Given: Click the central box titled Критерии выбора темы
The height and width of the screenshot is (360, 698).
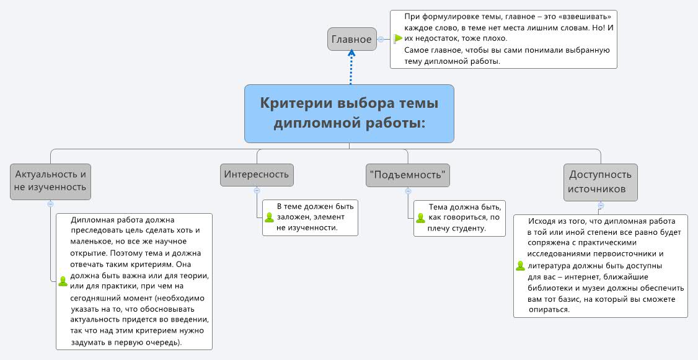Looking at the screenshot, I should tap(349, 113).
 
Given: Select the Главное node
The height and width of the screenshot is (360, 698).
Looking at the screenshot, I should tap(351, 40).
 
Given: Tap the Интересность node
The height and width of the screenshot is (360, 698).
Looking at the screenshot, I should tap(257, 174).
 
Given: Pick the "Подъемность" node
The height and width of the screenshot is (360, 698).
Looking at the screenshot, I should tap(407, 175).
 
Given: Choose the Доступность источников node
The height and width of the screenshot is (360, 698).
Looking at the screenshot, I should tap(600, 182).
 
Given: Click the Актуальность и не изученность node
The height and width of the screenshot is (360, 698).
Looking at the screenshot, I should tap(50, 181).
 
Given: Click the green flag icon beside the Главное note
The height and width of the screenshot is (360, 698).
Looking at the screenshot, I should tap(398, 38).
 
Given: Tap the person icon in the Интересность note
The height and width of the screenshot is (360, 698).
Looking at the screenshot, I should tap(269, 217).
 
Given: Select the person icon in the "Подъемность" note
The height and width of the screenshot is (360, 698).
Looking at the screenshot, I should tap(420, 217).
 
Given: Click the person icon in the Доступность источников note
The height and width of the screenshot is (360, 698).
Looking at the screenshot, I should tap(520, 266).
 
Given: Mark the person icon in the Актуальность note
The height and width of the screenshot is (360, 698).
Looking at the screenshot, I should tap(63, 281).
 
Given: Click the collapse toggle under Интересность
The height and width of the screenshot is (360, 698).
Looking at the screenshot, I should tap(257, 190).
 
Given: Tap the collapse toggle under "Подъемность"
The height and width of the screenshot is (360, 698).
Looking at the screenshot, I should tap(407, 190).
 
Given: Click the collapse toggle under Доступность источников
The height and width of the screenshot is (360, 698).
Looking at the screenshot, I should tap(600, 205).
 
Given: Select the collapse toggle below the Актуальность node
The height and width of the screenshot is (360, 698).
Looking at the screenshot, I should tap(50, 204).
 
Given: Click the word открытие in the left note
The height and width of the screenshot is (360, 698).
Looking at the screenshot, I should tap(91, 253).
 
